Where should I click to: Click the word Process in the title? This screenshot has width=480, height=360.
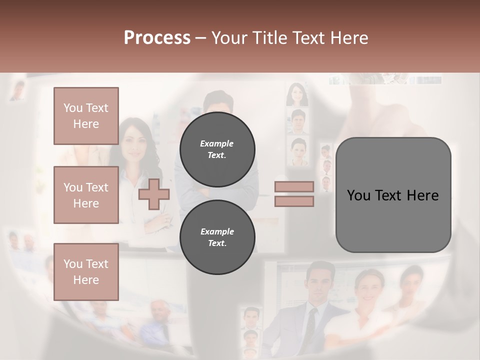coord(157,37)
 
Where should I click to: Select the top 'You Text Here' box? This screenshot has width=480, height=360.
coord(86,116)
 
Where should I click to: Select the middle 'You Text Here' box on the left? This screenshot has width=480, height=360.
coord(86,195)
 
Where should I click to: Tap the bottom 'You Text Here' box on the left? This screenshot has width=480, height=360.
coord(86,272)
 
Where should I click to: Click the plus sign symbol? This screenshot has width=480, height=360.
coord(153,194)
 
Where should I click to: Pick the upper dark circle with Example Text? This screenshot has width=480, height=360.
coord(217,149)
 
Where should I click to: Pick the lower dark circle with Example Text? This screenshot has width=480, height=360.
coord(217,237)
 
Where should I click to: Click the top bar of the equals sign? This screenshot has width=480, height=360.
coord(294,187)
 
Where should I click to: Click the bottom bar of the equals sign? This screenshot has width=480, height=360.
coord(294,201)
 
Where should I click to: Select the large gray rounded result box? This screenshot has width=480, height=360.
coord(393,195)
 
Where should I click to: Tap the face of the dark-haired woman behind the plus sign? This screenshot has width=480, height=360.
coord(132,142)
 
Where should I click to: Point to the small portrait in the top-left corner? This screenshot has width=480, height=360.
coord(18,90)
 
